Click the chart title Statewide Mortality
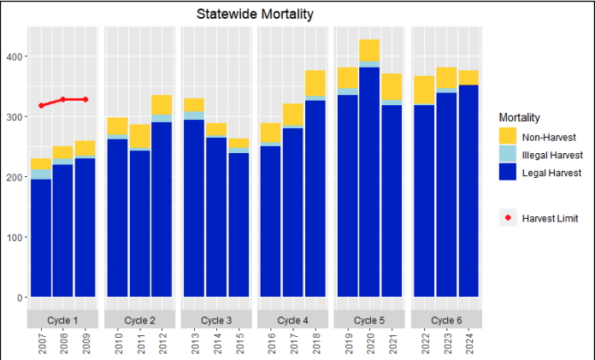(254, 14)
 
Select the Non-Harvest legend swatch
(508, 135)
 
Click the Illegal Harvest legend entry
(508, 154)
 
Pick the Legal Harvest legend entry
(508, 173)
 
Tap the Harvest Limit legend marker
(508, 218)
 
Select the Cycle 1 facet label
(63, 320)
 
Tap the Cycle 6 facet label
(446, 320)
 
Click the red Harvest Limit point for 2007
(41, 106)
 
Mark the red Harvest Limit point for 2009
(85, 100)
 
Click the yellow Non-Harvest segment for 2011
(139, 137)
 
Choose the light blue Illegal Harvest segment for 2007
(41, 174)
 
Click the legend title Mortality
(519, 116)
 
